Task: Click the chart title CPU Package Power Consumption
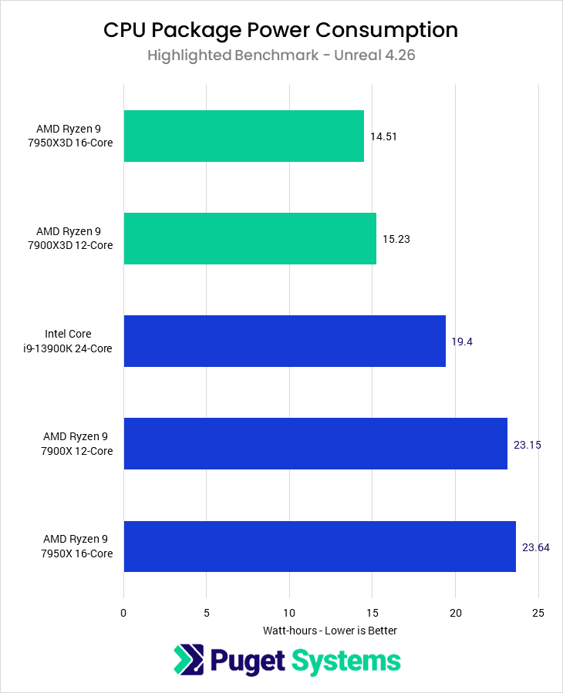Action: tap(281, 30)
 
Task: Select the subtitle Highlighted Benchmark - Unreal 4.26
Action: tap(281, 56)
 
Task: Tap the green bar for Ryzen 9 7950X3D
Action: tap(244, 136)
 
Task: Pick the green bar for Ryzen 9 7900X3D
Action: tap(250, 238)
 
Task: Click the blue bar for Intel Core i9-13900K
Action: tap(285, 341)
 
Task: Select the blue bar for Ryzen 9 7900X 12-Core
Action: tap(315, 443)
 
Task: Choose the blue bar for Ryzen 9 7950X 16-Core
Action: tap(319, 547)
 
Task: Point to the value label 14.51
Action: tap(383, 136)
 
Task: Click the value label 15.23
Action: tap(396, 239)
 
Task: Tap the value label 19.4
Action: tap(462, 341)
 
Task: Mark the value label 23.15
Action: tap(527, 444)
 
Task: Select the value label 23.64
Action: tap(534, 547)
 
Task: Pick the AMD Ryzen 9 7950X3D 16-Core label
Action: tap(74, 136)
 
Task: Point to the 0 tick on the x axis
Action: tap(123, 613)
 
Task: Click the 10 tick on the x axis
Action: tap(289, 613)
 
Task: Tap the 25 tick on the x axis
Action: tap(538, 613)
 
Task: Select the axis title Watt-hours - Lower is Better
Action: tap(330, 631)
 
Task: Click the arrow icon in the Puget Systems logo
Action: tap(187, 661)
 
